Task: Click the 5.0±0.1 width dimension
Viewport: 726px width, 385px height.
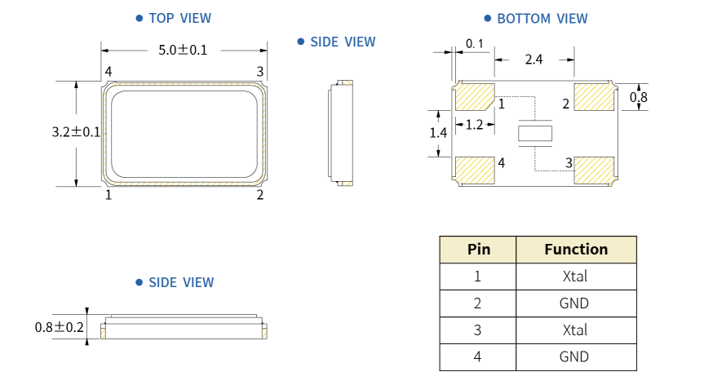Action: click(x=183, y=50)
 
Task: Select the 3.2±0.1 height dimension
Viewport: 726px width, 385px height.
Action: click(x=76, y=132)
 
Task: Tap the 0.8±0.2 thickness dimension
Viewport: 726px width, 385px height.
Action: click(x=60, y=328)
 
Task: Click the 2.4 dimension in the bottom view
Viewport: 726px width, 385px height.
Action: click(x=533, y=60)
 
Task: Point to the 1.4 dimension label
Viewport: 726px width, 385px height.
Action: click(x=438, y=133)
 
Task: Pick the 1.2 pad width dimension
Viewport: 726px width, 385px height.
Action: click(x=474, y=125)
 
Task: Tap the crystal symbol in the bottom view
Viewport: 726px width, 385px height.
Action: click(x=535, y=133)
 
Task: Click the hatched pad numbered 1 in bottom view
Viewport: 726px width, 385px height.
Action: click(x=475, y=97)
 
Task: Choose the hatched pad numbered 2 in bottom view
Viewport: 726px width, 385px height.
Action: click(x=594, y=97)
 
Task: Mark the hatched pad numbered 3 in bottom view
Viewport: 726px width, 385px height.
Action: click(x=594, y=170)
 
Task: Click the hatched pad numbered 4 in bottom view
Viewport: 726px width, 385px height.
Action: click(x=475, y=170)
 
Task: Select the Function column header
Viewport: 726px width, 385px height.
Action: click(x=576, y=250)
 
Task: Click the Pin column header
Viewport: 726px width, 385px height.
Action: click(x=478, y=250)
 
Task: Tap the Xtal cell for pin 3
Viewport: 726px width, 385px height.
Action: click(x=575, y=330)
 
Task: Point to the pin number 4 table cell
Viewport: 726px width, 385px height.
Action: click(x=477, y=357)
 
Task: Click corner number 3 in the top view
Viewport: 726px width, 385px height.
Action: click(x=260, y=72)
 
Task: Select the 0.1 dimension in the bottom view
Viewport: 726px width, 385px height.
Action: click(x=475, y=44)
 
